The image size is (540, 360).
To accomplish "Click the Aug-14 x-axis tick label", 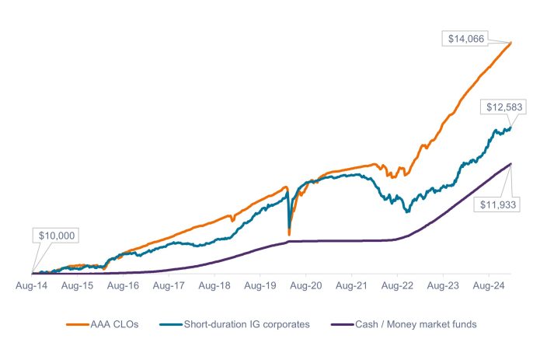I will (33, 286).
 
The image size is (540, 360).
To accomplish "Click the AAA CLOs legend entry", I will (103, 324).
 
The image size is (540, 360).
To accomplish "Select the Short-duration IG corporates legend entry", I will (233, 324).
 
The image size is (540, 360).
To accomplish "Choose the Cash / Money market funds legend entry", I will (404, 324).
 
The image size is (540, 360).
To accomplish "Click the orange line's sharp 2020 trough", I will (289, 234).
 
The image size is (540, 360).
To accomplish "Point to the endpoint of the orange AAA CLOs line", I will (510, 42).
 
